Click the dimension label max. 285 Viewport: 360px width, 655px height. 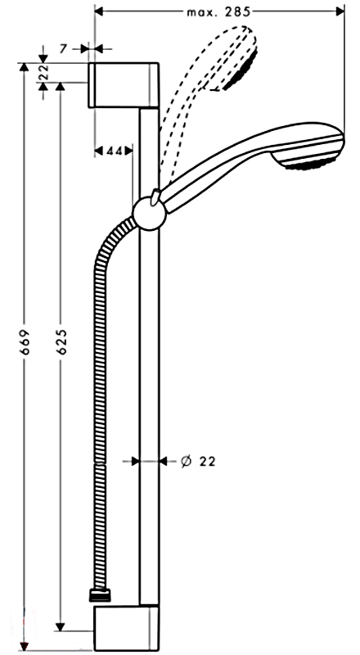tap(218, 12)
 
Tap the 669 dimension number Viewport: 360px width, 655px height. tap(26, 341)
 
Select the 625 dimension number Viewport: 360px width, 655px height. tap(62, 341)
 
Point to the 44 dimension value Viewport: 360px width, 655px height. tap(114, 151)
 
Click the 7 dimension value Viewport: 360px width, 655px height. tap(63, 49)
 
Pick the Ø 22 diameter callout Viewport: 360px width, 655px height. tap(198, 461)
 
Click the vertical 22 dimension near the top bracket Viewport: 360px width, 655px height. tap(44, 73)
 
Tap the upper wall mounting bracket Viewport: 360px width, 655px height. tap(124, 85)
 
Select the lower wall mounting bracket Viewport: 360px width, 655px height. tap(126, 628)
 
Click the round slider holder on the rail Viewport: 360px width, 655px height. tap(150, 214)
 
